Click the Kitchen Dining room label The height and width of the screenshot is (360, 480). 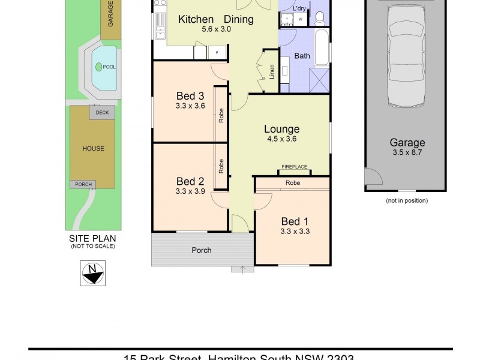(x=216, y=19)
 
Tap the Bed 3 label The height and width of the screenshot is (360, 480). (x=190, y=96)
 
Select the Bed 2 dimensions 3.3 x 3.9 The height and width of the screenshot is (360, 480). (x=190, y=192)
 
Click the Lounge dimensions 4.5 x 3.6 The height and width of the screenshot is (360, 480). (x=282, y=139)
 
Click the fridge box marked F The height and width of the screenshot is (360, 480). (x=217, y=53)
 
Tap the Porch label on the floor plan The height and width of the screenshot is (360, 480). (x=202, y=250)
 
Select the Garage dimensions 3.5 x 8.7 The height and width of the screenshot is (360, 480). (x=407, y=152)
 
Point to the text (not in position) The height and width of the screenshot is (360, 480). (x=406, y=201)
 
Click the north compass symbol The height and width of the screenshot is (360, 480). (x=92, y=273)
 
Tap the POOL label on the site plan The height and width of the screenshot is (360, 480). (x=109, y=67)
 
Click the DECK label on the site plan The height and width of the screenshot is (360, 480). (x=102, y=112)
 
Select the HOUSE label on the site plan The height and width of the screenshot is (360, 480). (x=93, y=148)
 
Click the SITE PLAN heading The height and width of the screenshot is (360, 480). (x=92, y=238)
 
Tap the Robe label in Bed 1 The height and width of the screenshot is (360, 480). (x=293, y=182)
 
